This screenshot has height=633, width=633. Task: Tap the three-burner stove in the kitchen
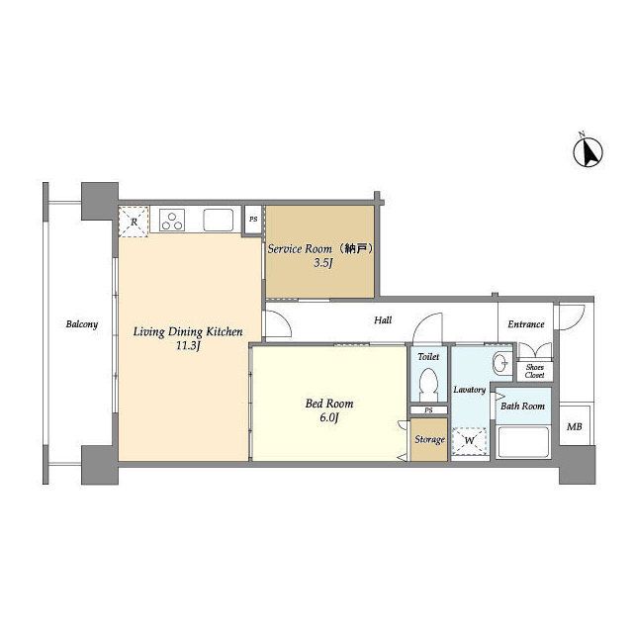click(x=172, y=220)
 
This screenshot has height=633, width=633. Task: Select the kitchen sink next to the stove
click(x=219, y=220)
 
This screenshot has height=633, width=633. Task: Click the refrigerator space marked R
click(x=134, y=222)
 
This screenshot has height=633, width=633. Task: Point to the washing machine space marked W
click(x=469, y=441)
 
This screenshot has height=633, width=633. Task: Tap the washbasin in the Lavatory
click(x=501, y=363)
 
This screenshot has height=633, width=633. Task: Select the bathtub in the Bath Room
click(x=523, y=442)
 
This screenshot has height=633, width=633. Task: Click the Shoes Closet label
click(x=535, y=371)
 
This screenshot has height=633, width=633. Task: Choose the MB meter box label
click(x=575, y=426)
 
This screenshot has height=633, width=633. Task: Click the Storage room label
click(x=429, y=439)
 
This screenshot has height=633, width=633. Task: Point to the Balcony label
click(x=82, y=324)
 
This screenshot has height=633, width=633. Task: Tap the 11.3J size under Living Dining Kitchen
click(x=189, y=346)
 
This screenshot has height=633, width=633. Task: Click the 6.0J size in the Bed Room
click(x=329, y=417)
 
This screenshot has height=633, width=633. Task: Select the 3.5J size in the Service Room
click(x=323, y=263)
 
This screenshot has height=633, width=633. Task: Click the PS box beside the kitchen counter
click(x=253, y=220)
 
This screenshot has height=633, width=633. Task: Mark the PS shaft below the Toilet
click(x=428, y=410)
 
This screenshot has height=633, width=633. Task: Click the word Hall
click(x=383, y=320)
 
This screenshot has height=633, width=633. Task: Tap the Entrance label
click(x=526, y=324)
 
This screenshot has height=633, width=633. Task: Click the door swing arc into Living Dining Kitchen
click(x=284, y=318)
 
